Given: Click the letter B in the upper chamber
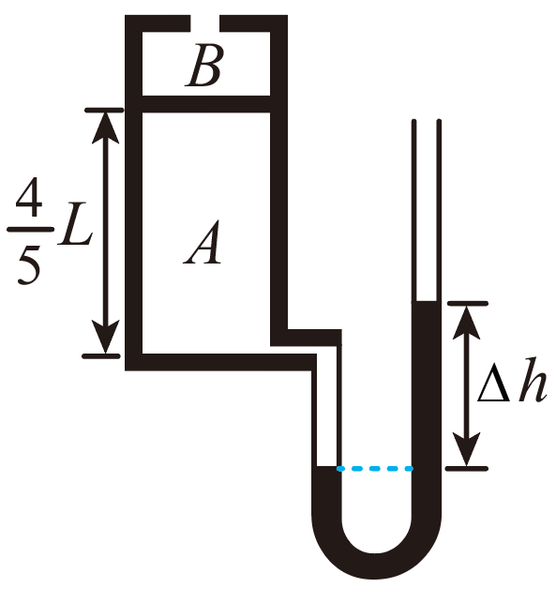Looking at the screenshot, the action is coord(203,66).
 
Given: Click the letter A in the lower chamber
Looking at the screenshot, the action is coord(203,242).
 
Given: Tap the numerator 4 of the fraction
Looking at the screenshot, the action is coord(29,197).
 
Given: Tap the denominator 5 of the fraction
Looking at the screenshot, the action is coord(29,263).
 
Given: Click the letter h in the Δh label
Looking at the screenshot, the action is coord(533,380).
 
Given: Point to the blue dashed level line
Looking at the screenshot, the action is coord(375,468).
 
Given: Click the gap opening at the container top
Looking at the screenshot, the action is coord(204,23).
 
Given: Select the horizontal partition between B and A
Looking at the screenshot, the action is coord(206,104).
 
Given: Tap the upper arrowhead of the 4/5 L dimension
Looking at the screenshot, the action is coord(105,128).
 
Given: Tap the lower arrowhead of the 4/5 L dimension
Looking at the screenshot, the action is coord(105,338).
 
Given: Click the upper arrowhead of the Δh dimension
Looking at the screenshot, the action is coord(466,323).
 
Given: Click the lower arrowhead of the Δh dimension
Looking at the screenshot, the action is coord(466,449).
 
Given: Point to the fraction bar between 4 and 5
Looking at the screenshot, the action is coord(31,230).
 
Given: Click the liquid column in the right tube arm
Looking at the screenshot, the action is coord(427,404).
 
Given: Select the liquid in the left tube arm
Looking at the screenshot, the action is coord(326,489).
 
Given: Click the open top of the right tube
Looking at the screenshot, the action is coord(427,122).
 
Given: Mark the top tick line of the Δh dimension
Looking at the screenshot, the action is coord(468,304).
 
